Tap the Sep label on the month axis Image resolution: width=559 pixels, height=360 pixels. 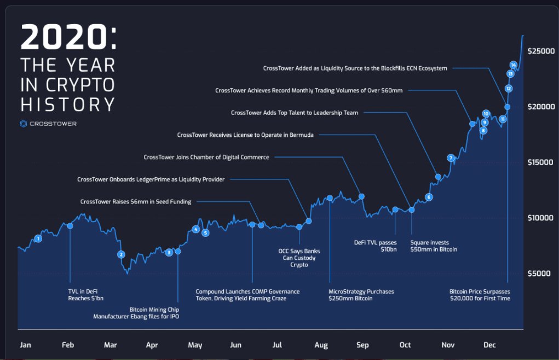pyautogui.click(x=362, y=345)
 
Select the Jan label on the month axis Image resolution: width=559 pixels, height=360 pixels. pyautogui.click(x=25, y=345)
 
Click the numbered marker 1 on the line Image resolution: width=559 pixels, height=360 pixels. pyautogui.click(x=38, y=239)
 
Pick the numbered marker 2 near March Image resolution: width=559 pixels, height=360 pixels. pyautogui.click(x=122, y=254)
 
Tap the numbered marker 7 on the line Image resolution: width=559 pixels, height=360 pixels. pyautogui.click(x=451, y=158)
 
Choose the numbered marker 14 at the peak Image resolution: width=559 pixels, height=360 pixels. pyautogui.click(x=513, y=65)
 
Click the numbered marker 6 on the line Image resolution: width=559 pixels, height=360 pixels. pyautogui.click(x=429, y=197)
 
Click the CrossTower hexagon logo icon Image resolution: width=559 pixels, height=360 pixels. pyautogui.click(x=24, y=124)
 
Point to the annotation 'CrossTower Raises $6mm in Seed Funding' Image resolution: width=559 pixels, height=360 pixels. pyautogui.click(x=136, y=202)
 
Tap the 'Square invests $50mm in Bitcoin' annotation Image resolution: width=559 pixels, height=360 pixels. pyautogui.click(x=434, y=246)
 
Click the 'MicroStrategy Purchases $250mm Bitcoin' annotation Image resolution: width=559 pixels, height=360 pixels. pyautogui.click(x=361, y=295)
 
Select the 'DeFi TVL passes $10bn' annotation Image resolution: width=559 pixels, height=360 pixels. pyautogui.click(x=374, y=246)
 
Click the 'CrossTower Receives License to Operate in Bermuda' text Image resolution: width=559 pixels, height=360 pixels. pyautogui.click(x=245, y=135)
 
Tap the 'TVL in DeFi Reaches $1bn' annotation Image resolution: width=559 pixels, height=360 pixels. pyautogui.click(x=86, y=295)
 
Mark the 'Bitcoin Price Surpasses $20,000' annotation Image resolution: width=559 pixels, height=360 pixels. pyautogui.click(x=480, y=295)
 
